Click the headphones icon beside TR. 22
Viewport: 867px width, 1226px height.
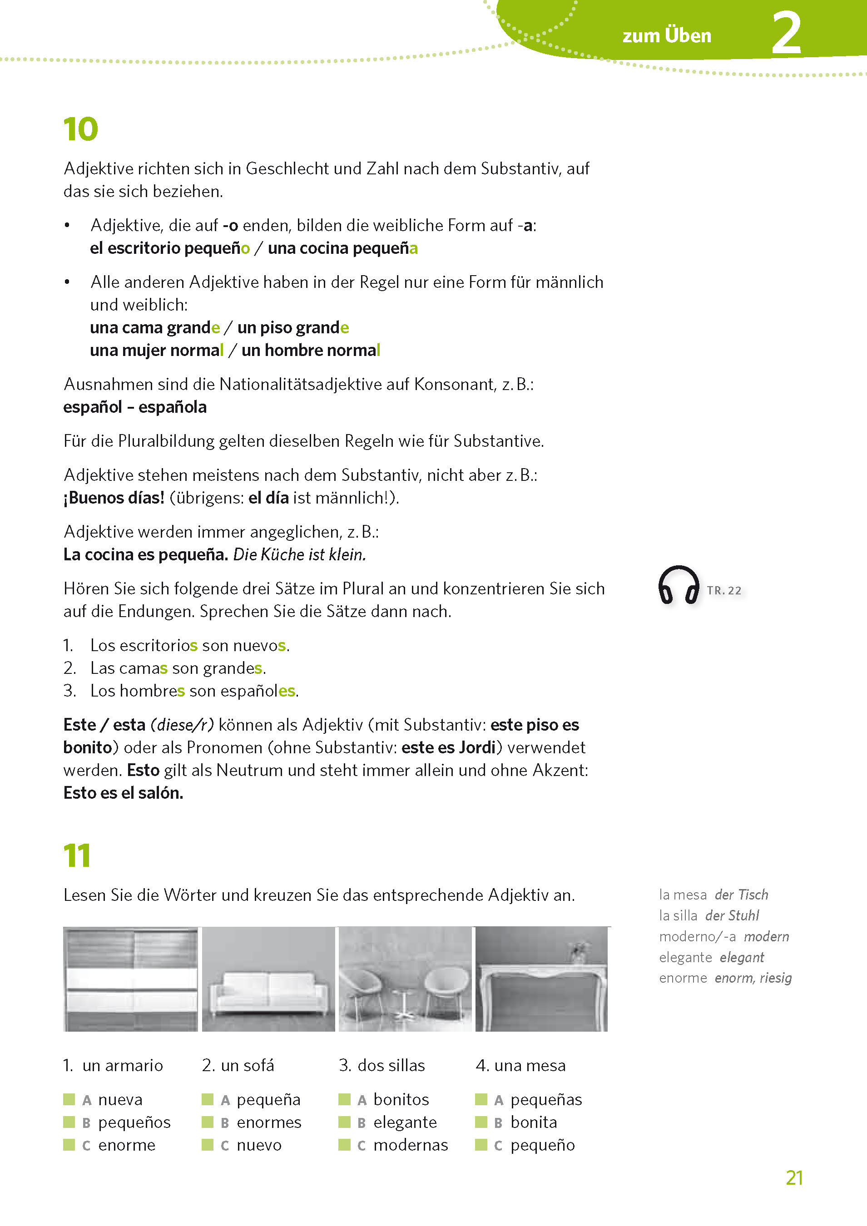click(678, 585)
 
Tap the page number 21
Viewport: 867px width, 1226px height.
click(794, 1177)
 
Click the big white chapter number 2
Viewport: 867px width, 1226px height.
click(786, 34)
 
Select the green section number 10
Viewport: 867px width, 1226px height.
click(80, 129)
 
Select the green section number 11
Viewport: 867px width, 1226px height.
click(77, 855)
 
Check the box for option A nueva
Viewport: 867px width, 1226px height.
click(69, 1099)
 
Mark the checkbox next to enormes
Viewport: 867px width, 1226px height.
click(207, 1122)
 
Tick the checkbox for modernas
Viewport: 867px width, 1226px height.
click(344, 1144)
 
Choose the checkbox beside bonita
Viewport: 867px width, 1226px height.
click(481, 1122)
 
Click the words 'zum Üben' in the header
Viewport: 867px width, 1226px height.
click(666, 36)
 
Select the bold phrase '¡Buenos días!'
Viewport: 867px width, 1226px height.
click(114, 498)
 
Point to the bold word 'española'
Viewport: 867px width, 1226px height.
click(172, 407)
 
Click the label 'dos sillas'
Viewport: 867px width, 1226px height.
click(391, 1065)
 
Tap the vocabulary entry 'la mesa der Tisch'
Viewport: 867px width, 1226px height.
click(713, 895)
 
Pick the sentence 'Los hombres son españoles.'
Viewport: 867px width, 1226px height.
click(194, 691)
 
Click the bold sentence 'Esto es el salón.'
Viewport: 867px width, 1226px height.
click(123, 792)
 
